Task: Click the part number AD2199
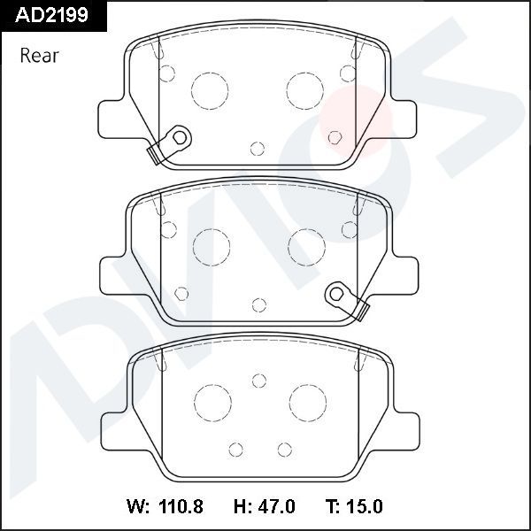click(46, 15)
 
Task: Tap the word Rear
click(39, 56)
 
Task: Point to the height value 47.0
click(276, 507)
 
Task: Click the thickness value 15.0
click(365, 507)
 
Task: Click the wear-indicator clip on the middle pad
click(346, 298)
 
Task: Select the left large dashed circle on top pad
click(210, 88)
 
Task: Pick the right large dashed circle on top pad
click(305, 88)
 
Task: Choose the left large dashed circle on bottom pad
click(210, 403)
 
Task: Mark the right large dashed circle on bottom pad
click(305, 403)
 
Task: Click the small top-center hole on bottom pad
click(258, 381)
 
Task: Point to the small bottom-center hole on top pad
click(258, 148)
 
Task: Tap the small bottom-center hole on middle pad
click(258, 305)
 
